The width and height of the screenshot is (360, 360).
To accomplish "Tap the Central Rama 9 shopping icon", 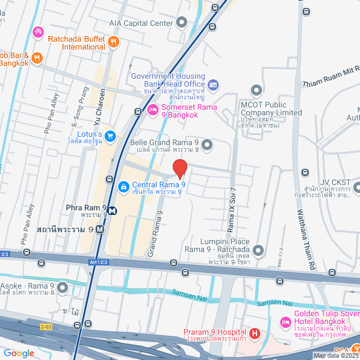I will point(123,185).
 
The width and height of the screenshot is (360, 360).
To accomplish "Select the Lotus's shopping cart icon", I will point(110,136).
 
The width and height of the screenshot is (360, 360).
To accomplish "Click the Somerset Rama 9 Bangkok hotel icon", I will point(152,109).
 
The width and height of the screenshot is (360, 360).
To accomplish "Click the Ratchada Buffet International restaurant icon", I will point(113,40).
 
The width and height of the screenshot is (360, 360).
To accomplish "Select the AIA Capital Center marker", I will point(181,22).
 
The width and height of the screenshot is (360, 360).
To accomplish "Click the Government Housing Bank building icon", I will point(213,85).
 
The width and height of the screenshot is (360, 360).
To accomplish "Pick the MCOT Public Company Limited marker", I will point(256,90).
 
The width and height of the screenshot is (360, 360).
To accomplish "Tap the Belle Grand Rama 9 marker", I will point(206,146).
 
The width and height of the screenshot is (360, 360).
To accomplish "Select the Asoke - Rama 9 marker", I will point(61,289).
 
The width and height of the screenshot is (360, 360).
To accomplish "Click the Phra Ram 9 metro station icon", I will point(112,211).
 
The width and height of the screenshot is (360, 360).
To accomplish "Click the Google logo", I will point(19,353).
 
